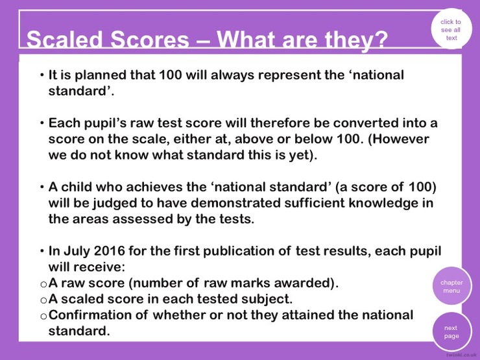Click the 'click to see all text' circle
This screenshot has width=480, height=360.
pos(451,29)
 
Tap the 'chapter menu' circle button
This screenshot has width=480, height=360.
pos(452,286)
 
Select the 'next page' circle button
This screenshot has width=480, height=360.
pos(452,331)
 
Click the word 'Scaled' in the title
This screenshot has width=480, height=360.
pos(64,40)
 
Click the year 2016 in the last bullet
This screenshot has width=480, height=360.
pos(109,251)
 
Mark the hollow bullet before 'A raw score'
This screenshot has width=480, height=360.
pos(43,284)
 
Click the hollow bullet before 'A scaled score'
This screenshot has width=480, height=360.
pos(43,300)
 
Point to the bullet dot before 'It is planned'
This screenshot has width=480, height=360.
pos(42,75)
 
